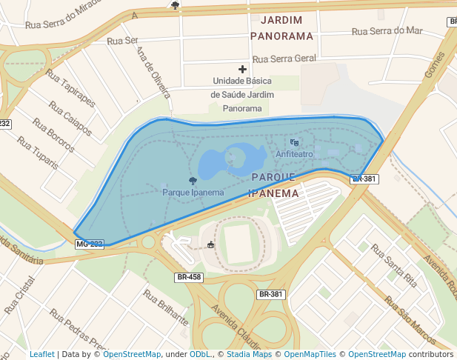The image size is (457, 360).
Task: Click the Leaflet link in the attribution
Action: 41,354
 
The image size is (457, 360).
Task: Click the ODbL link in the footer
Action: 199,354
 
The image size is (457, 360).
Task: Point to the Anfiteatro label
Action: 294,154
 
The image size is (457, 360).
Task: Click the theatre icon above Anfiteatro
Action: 294,142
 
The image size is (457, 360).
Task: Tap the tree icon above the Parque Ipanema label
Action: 193,181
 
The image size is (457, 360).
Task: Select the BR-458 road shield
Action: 189,277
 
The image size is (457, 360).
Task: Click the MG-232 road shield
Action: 89,244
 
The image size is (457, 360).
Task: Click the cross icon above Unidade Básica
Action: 242,69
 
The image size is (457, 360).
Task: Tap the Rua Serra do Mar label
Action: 387,31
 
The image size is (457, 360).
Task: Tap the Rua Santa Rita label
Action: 394,265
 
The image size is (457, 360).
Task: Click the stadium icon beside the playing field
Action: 211,244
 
